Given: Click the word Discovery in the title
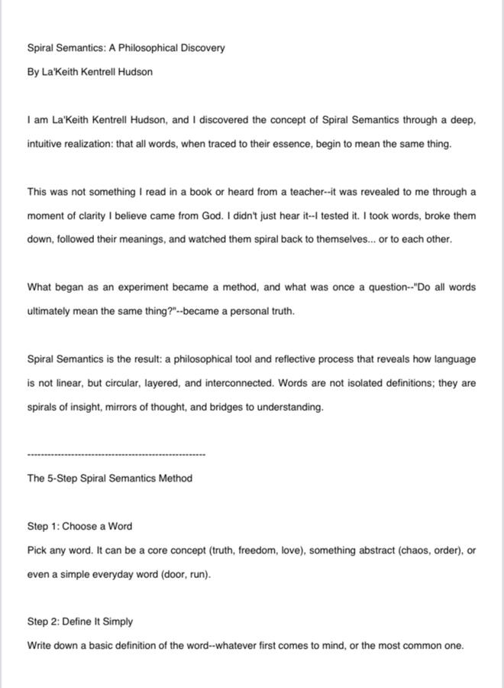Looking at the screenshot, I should point(202,48).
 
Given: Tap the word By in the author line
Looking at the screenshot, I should point(34,72).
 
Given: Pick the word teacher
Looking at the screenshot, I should point(283,192).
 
